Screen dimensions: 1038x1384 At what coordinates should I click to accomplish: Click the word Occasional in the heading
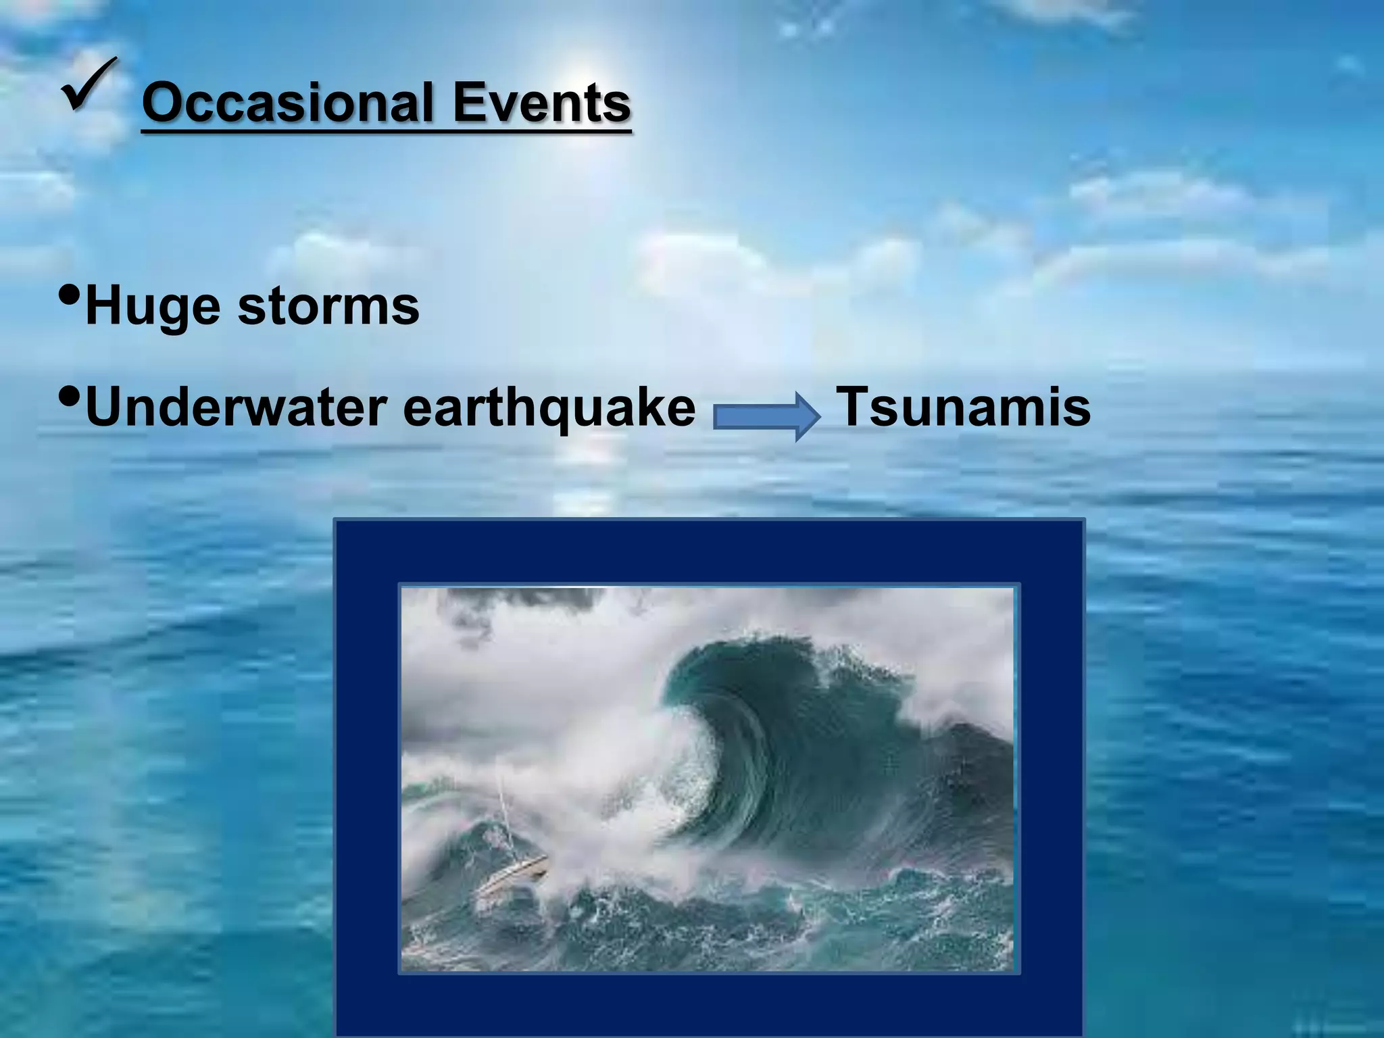point(287,103)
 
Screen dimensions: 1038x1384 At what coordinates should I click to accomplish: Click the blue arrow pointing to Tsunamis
point(766,416)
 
